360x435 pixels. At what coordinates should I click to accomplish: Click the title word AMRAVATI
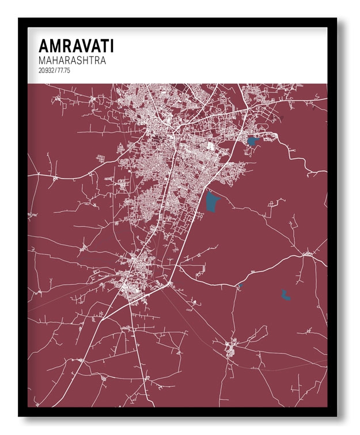[x=76, y=46]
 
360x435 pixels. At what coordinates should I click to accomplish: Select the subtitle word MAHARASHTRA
[x=73, y=60]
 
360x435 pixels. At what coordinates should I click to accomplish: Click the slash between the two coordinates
[x=56, y=70]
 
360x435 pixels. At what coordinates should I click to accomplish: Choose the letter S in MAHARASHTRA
[x=79, y=60]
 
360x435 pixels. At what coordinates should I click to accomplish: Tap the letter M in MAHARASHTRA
[x=42, y=60]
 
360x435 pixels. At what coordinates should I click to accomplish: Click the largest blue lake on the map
[x=213, y=201]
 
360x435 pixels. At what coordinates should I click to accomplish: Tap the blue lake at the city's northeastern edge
[x=252, y=140]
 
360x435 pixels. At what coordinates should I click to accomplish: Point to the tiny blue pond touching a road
[x=241, y=285]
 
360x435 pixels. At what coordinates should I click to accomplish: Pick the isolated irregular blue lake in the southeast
[x=285, y=296]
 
